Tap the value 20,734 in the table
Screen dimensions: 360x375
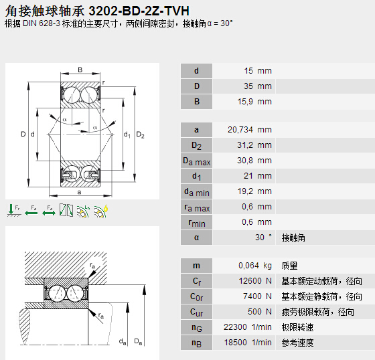242,130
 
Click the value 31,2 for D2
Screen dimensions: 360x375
247,145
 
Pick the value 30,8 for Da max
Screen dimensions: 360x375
247,161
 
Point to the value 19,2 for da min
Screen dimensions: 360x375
247,191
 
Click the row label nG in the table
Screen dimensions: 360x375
196,328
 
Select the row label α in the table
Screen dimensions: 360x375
196,238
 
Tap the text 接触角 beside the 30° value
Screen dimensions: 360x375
293,238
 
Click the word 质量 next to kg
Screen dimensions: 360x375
289,266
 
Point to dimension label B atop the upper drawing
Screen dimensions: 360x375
80,70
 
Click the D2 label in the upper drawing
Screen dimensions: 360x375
141,134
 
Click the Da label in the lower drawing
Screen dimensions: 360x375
138,342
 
